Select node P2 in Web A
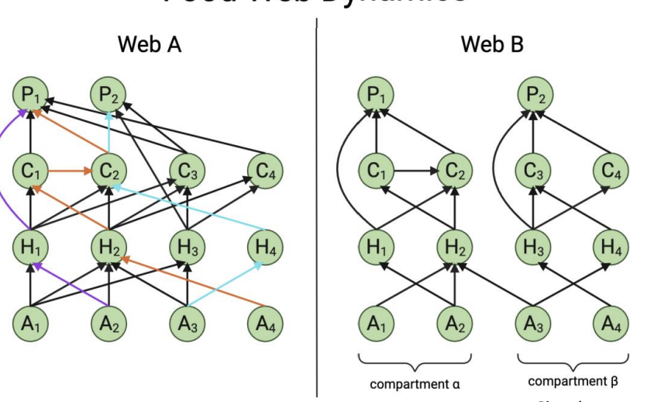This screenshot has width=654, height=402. pyautogui.click(x=108, y=95)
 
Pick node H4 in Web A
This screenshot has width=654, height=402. pyautogui.click(x=265, y=248)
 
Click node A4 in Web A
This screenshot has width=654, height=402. pyautogui.click(x=265, y=324)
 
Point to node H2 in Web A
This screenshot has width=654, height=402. pyautogui.click(x=108, y=248)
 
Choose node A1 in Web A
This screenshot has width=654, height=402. pyautogui.click(x=30, y=324)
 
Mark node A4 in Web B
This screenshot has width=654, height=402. pyautogui.click(x=611, y=324)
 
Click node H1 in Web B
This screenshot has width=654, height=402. pyautogui.click(x=376, y=248)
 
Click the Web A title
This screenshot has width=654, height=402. pyautogui.click(x=149, y=44)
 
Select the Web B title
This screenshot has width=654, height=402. pyautogui.click(x=492, y=44)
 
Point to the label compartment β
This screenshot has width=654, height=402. pyautogui.click(x=573, y=382)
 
